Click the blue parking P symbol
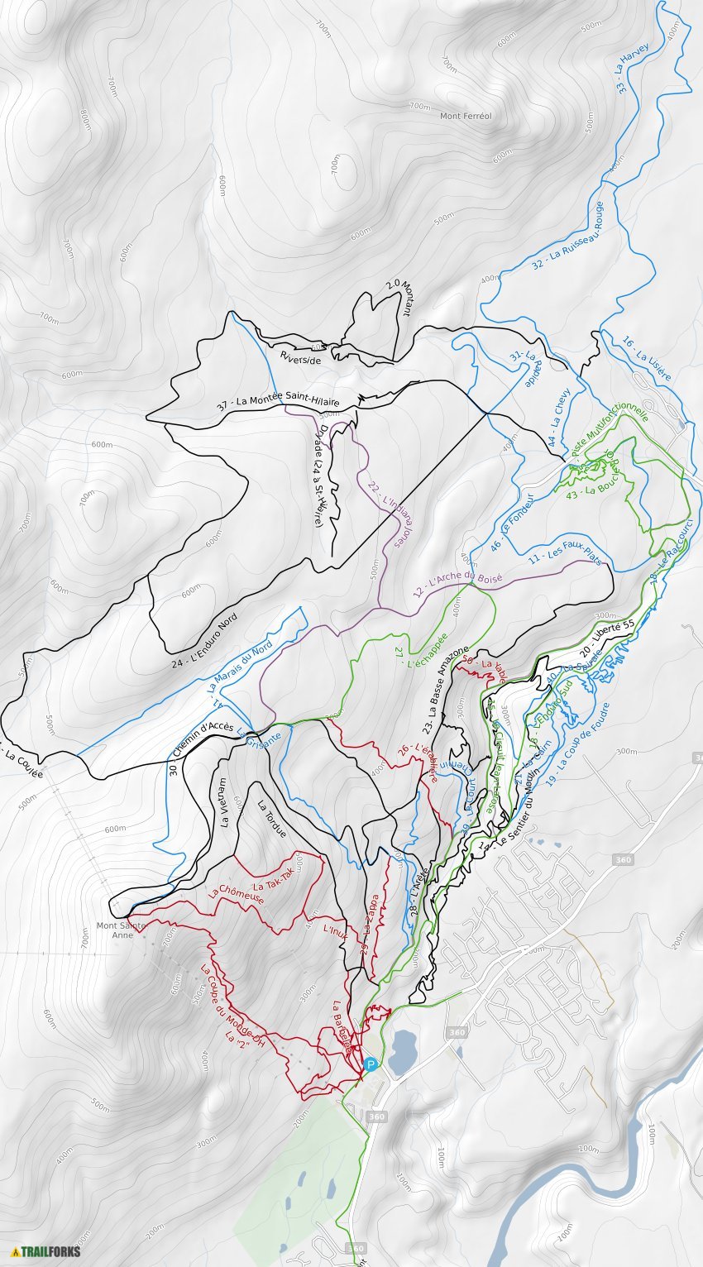click(x=371, y=1064)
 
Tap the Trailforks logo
click(x=46, y=1251)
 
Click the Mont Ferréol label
click(x=466, y=117)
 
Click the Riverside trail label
click(x=300, y=358)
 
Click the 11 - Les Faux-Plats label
click(x=564, y=555)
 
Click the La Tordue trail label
click(x=271, y=820)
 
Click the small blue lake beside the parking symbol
click(x=403, y=1051)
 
